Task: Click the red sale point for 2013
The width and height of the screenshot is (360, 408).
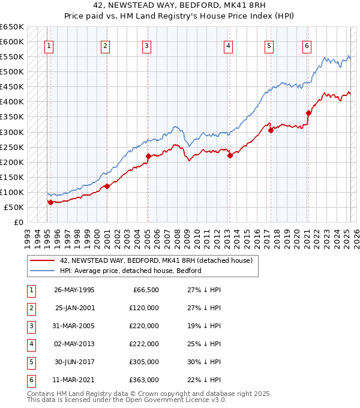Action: (230, 155)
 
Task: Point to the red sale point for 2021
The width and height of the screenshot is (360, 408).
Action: (309, 113)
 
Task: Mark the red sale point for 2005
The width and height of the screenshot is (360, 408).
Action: (148, 156)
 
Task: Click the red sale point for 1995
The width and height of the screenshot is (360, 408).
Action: (50, 202)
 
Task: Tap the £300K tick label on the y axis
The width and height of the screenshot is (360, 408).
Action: (12, 132)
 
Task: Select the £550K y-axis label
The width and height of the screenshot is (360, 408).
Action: (12, 57)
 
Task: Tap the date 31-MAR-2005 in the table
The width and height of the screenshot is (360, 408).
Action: (74, 326)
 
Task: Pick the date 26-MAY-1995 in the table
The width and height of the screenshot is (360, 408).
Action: (74, 290)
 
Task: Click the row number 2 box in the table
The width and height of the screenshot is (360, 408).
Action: (30, 308)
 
